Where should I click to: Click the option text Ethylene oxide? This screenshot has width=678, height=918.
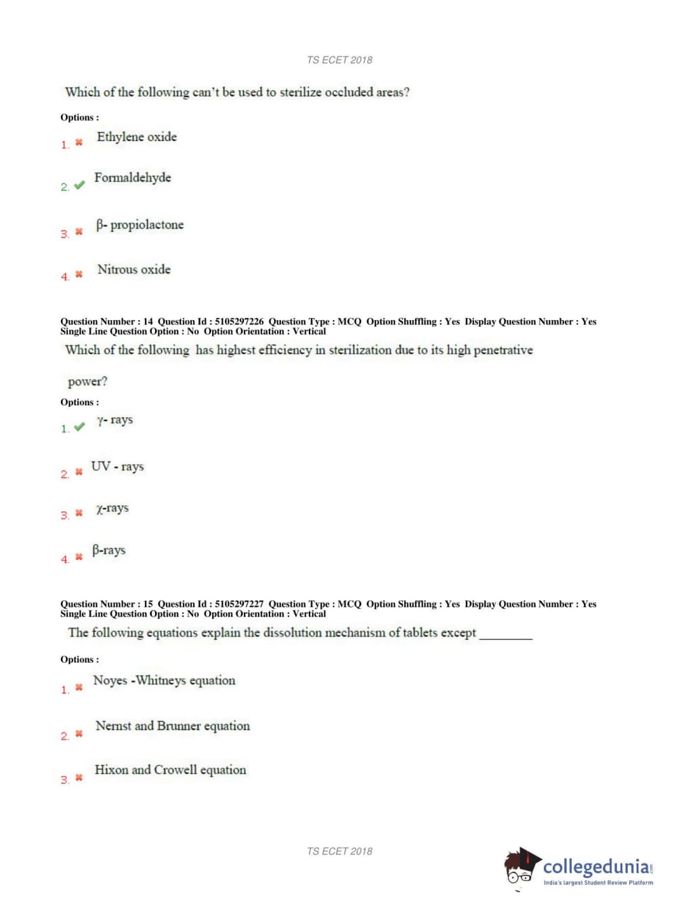point(137,137)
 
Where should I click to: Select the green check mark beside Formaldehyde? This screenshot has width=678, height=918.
point(79,185)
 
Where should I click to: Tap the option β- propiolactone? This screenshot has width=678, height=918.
point(140,225)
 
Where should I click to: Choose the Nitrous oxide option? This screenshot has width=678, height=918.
point(134,269)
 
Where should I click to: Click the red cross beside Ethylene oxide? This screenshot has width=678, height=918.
point(79,142)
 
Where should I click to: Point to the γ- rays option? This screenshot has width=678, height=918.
point(114,420)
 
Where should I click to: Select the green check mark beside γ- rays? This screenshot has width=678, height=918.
point(79,427)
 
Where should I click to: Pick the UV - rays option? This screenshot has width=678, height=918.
point(117,466)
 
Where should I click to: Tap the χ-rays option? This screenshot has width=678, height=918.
point(112,508)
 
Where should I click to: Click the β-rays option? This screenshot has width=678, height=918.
point(108,550)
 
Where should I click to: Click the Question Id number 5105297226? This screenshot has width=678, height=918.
point(239,322)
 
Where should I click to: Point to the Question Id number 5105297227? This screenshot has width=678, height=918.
point(239,604)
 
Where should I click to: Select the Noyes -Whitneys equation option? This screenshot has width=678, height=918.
point(164,680)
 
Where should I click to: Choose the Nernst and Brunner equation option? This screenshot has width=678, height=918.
point(172,726)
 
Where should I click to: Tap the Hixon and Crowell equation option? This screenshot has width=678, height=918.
point(170,770)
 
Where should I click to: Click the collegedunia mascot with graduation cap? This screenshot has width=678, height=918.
point(521,867)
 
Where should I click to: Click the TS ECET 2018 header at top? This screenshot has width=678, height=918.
point(339,60)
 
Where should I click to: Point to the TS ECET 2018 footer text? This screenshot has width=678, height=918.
point(339,851)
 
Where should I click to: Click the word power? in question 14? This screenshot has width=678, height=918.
point(87,382)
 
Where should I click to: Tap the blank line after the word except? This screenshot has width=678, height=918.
point(505,636)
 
